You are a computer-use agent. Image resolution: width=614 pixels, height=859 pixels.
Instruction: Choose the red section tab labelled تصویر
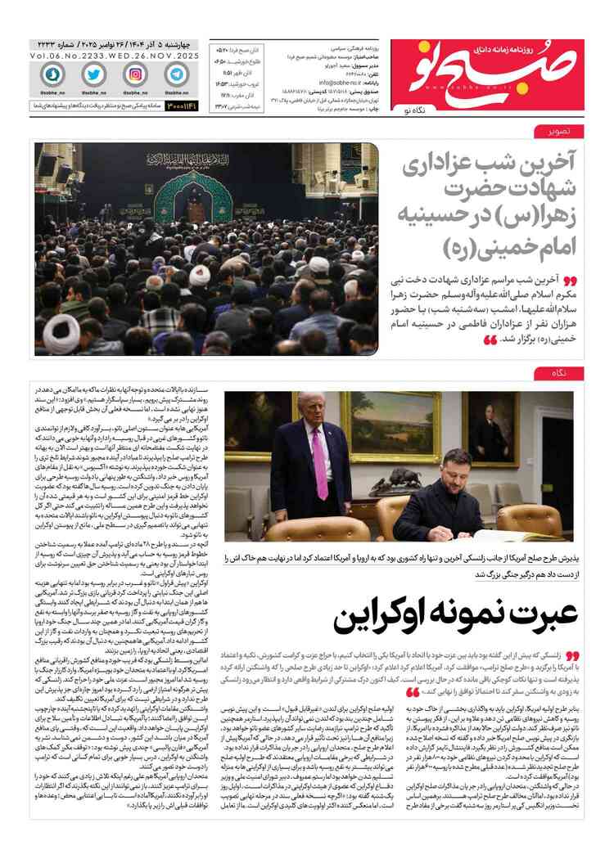(548, 132)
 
